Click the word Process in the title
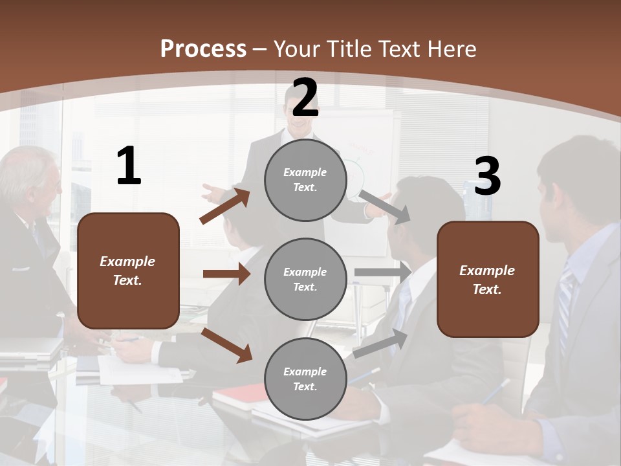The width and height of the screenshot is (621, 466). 203,49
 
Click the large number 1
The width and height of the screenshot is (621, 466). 129,166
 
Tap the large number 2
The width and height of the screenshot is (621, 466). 305,98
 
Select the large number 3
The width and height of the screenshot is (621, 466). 487,177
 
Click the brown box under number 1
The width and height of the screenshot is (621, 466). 128,271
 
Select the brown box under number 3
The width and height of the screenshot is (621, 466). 488,279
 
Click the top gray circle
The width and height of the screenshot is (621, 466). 305,180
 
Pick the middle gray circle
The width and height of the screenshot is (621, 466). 305,279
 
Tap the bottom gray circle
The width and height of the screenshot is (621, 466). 305,379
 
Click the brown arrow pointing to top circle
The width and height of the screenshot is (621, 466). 224,206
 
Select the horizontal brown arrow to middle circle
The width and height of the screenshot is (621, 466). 226,274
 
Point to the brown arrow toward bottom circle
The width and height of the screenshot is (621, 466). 226,344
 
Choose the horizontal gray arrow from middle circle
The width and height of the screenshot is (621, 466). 382,272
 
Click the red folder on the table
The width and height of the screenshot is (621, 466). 239,394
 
